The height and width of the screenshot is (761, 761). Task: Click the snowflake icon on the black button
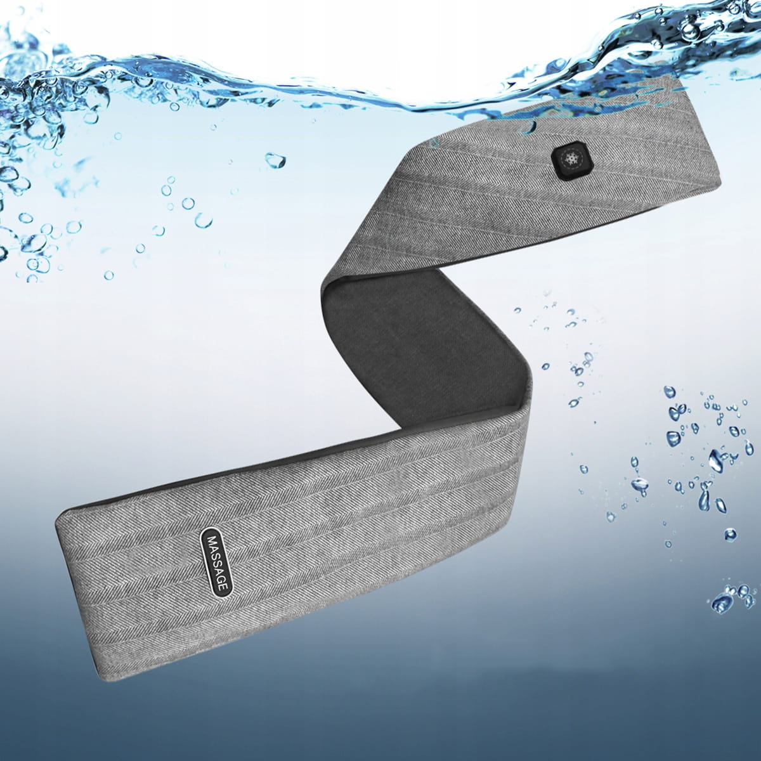pos(570,159)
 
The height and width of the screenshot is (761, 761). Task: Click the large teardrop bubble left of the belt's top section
pos(275,160)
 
